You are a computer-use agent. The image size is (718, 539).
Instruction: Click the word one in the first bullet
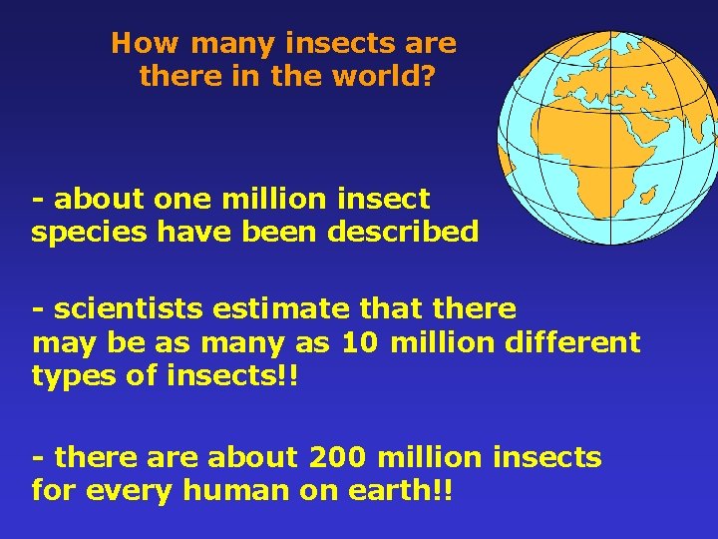point(182,200)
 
